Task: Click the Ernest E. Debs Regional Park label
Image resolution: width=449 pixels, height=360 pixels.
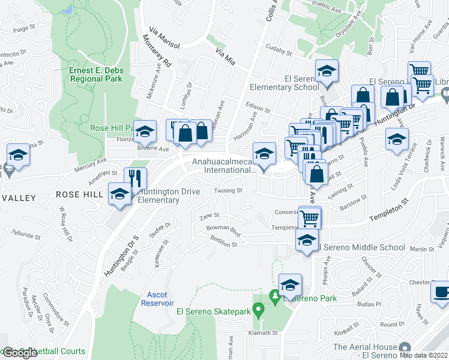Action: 96,74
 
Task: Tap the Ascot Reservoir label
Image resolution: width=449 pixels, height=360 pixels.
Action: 158,299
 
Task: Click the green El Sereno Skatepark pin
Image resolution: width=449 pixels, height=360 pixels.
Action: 259,310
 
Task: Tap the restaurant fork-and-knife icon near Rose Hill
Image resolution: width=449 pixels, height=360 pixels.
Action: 135,178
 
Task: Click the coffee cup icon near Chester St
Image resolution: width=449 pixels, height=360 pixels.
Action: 442,293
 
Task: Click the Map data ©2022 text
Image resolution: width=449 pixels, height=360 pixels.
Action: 424,355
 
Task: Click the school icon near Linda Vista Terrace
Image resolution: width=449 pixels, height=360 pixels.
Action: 397,140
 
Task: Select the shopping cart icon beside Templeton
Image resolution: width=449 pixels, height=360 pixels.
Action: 309,217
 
